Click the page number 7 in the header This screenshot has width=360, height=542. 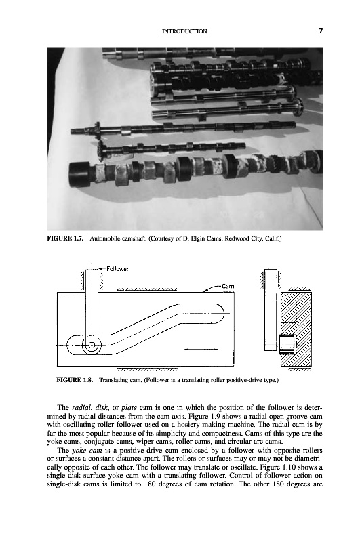[x=321, y=31]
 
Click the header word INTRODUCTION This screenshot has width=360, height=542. [x=184, y=31]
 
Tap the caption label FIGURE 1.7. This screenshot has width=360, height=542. [x=65, y=239]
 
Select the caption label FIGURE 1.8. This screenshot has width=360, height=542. [x=75, y=381]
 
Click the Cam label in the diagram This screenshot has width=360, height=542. [x=228, y=286]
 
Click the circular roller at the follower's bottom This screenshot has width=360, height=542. [x=92, y=345]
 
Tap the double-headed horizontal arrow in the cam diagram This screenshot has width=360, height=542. [x=201, y=350]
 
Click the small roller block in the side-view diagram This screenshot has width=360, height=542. [x=286, y=345]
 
